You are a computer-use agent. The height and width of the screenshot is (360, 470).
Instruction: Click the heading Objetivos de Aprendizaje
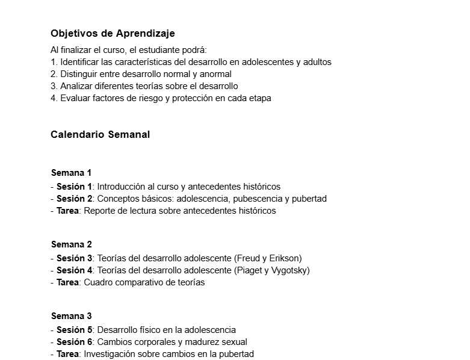point(113,33)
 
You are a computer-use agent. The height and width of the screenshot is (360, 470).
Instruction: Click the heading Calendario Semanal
point(100,134)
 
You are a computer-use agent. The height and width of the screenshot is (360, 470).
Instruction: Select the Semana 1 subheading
point(71,173)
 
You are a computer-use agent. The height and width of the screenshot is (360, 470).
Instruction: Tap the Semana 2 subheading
point(71,244)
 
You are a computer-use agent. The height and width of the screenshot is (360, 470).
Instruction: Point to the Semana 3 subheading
point(71,316)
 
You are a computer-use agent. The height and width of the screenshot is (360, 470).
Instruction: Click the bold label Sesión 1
point(74,187)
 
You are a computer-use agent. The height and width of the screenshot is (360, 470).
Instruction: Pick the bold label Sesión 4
point(74,270)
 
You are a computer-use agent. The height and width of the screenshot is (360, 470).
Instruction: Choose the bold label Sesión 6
point(74,342)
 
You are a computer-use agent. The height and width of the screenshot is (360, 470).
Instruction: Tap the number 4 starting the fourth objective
point(54,98)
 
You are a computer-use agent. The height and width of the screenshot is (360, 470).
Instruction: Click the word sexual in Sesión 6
point(233,342)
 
